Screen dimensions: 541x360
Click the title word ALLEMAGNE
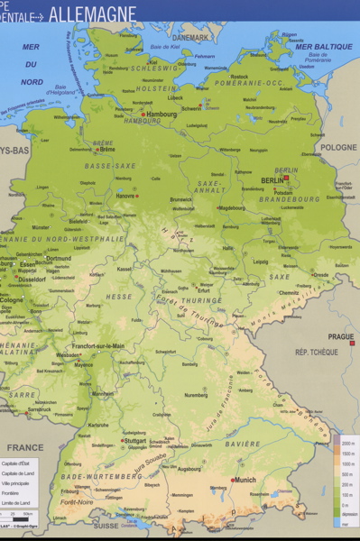pos(93,14)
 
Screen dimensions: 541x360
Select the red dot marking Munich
pos(233,480)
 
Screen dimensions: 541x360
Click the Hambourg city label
pos(162,115)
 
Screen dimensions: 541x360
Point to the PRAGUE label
pos(341,336)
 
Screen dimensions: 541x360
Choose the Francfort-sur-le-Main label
pos(98,345)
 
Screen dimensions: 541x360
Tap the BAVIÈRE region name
pos(243,444)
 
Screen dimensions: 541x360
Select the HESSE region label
pos(119,297)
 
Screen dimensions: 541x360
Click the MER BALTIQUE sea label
pos(323,46)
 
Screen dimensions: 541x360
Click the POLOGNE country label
pos(339,147)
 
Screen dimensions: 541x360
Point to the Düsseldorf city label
pos(35,280)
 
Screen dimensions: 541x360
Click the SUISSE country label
pos(106,525)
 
